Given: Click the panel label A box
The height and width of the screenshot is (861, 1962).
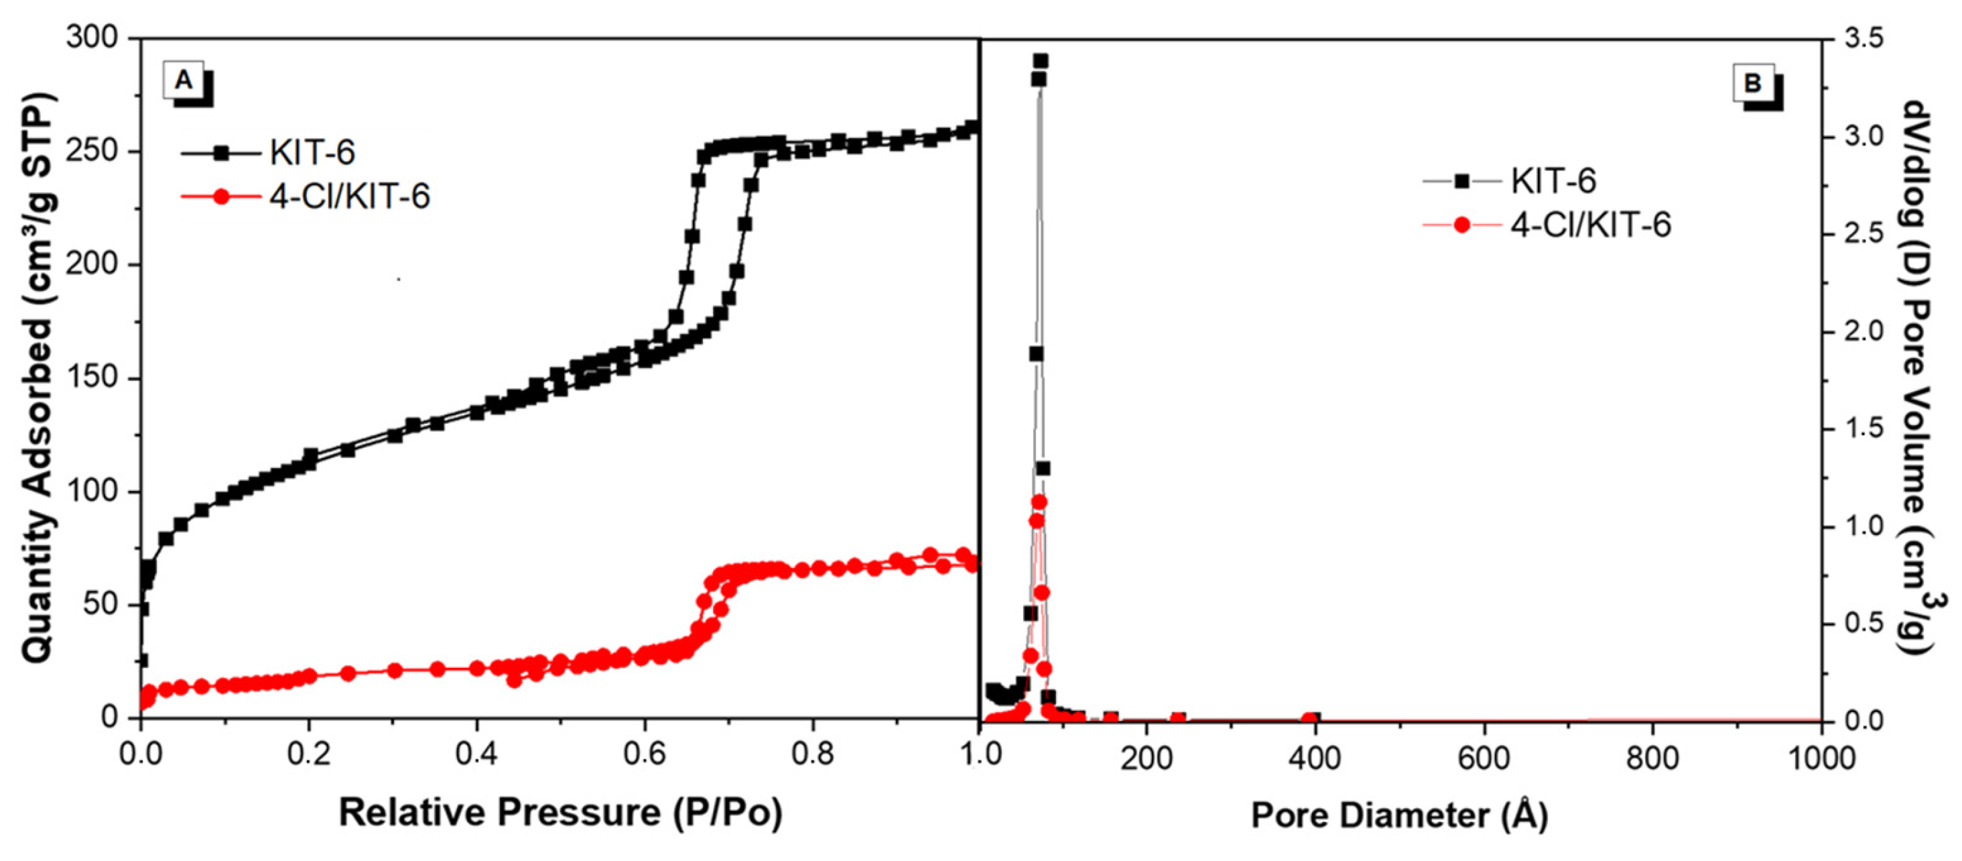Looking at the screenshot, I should (184, 80).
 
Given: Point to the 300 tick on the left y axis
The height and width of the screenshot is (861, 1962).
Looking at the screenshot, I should (91, 38).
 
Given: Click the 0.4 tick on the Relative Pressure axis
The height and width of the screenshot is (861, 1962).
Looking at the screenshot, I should (477, 755).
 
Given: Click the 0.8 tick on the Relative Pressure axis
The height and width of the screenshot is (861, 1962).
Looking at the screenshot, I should (813, 755).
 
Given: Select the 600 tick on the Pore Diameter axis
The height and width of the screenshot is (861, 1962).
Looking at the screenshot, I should (1484, 758).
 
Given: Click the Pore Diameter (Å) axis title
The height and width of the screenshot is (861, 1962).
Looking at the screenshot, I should (1399, 815).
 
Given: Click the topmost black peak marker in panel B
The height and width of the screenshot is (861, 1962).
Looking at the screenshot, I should (1041, 61).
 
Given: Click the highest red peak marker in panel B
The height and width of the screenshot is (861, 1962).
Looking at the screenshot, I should (1039, 502).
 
